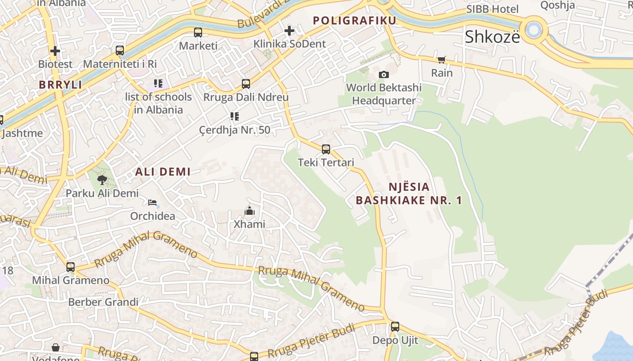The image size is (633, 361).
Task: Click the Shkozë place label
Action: pyautogui.click(x=492, y=37)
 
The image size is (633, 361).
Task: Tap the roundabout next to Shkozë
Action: pyautogui.click(x=534, y=30)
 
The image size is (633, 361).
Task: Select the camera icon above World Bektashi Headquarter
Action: pyautogui.click(x=384, y=74)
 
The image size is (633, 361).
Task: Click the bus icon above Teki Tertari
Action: pyautogui.click(x=326, y=149)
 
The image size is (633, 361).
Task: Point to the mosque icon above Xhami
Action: pyautogui.click(x=249, y=211)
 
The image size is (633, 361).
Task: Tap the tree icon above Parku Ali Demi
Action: pyautogui.click(x=102, y=180)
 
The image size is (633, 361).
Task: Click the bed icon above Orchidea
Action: pyautogui.click(x=152, y=202)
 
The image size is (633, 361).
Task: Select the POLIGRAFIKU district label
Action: pyautogui.click(x=354, y=20)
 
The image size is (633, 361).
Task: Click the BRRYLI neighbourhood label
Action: pyautogui.click(x=60, y=85)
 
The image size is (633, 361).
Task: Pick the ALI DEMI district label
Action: pyautogui.click(x=163, y=171)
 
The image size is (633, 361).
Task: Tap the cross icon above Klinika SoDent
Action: pyautogui.click(x=289, y=31)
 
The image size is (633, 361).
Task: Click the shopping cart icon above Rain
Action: pyautogui.click(x=442, y=60)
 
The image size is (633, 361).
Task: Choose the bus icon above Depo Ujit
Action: pyautogui.click(x=395, y=327)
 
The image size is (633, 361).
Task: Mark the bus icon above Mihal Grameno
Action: pyautogui.click(x=71, y=267)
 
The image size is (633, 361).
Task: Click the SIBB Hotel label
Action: pyautogui.click(x=492, y=9)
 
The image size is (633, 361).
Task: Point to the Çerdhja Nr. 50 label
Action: pyautogui.click(x=235, y=130)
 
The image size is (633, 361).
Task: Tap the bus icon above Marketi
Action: pyautogui.click(x=198, y=32)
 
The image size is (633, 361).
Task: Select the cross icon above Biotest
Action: pyautogui.click(x=55, y=51)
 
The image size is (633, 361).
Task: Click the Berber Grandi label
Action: pyautogui.click(x=103, y=302)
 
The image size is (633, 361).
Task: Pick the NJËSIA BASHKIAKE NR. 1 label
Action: pyautogui.click(x=409, y=193)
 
